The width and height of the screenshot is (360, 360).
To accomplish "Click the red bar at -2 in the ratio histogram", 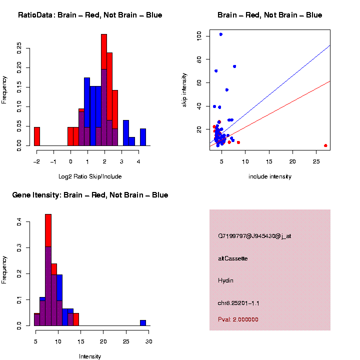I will [36, 136].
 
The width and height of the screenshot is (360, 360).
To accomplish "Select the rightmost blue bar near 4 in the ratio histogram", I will [143, 137].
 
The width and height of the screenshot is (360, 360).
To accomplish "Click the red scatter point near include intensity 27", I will [325, 145].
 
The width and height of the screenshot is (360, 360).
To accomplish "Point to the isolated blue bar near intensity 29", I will [143, 323].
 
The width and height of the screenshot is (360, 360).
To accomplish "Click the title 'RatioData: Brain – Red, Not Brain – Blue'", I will [90, 15].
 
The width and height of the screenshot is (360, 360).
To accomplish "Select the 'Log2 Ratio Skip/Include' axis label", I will [90, 176].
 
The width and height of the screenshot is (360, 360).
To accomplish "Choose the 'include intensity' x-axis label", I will [270, 176].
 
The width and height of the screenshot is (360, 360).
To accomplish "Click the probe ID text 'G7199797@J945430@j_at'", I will [254, 236].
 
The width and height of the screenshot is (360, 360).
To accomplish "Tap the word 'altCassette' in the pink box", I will [233, 258].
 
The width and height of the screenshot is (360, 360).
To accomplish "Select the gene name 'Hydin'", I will [226, 280].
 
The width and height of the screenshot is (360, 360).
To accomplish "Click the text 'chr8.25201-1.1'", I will [238, 303].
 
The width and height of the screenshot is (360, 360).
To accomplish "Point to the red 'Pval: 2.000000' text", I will [238, 319].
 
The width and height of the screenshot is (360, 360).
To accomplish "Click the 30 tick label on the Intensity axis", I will [148, 341].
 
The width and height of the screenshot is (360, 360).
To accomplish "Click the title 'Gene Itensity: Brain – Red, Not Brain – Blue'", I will [90, 195].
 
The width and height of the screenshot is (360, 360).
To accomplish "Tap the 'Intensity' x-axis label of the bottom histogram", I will [90, 356].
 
